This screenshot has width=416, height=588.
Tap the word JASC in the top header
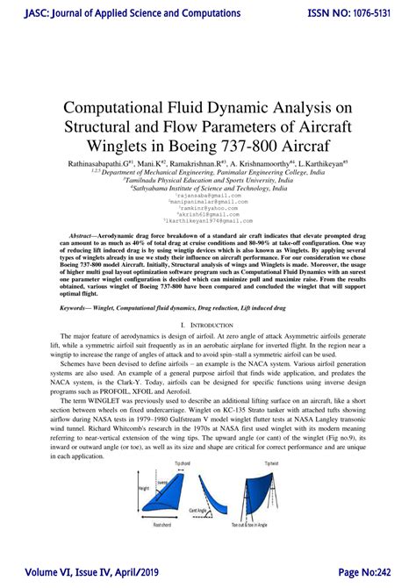click(x=20, y=14)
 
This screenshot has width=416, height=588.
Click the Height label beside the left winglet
click(x=128, y=492)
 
